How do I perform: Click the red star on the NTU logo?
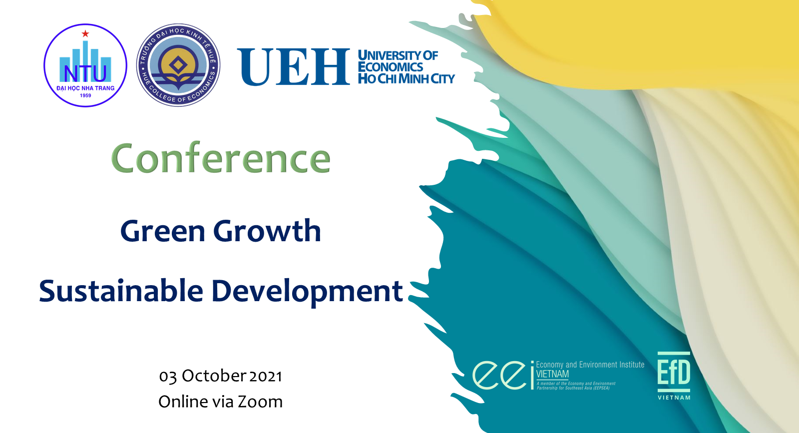tap(85, 34)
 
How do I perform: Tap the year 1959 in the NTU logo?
tap(85, 95)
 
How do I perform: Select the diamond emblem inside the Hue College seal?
tap(178, 65)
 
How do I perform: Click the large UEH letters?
tap(294, 67)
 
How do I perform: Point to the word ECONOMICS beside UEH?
tap(390, 67)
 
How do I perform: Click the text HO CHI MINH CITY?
tap(406, 79)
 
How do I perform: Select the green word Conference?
tap(221, 158)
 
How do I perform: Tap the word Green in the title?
tap(163, 231)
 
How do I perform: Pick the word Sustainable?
tap(121, 291)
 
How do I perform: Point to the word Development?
tap(307, 292)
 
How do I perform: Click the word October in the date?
tap(214, 376)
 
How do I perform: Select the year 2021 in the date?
tap(265, 377)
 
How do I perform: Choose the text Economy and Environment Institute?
tap(590, 365)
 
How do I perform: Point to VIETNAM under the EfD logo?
tap(674, 398)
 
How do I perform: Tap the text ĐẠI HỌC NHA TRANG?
tap(85, 88)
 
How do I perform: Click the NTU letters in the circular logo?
tap(85, 73)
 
